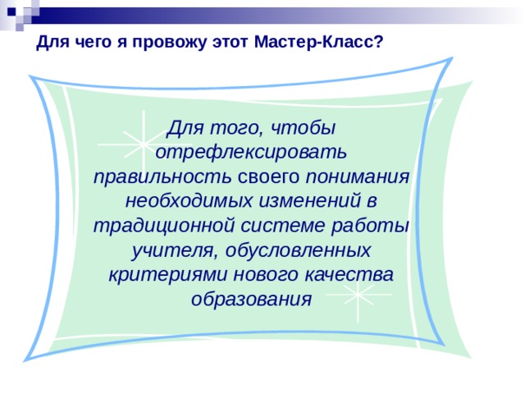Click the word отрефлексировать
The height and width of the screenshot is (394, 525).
click(252, 152)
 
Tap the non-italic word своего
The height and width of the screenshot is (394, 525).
click(268, 176)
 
